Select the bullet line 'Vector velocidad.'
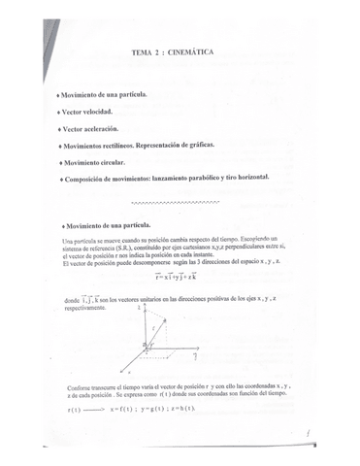95,112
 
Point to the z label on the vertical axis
142,306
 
